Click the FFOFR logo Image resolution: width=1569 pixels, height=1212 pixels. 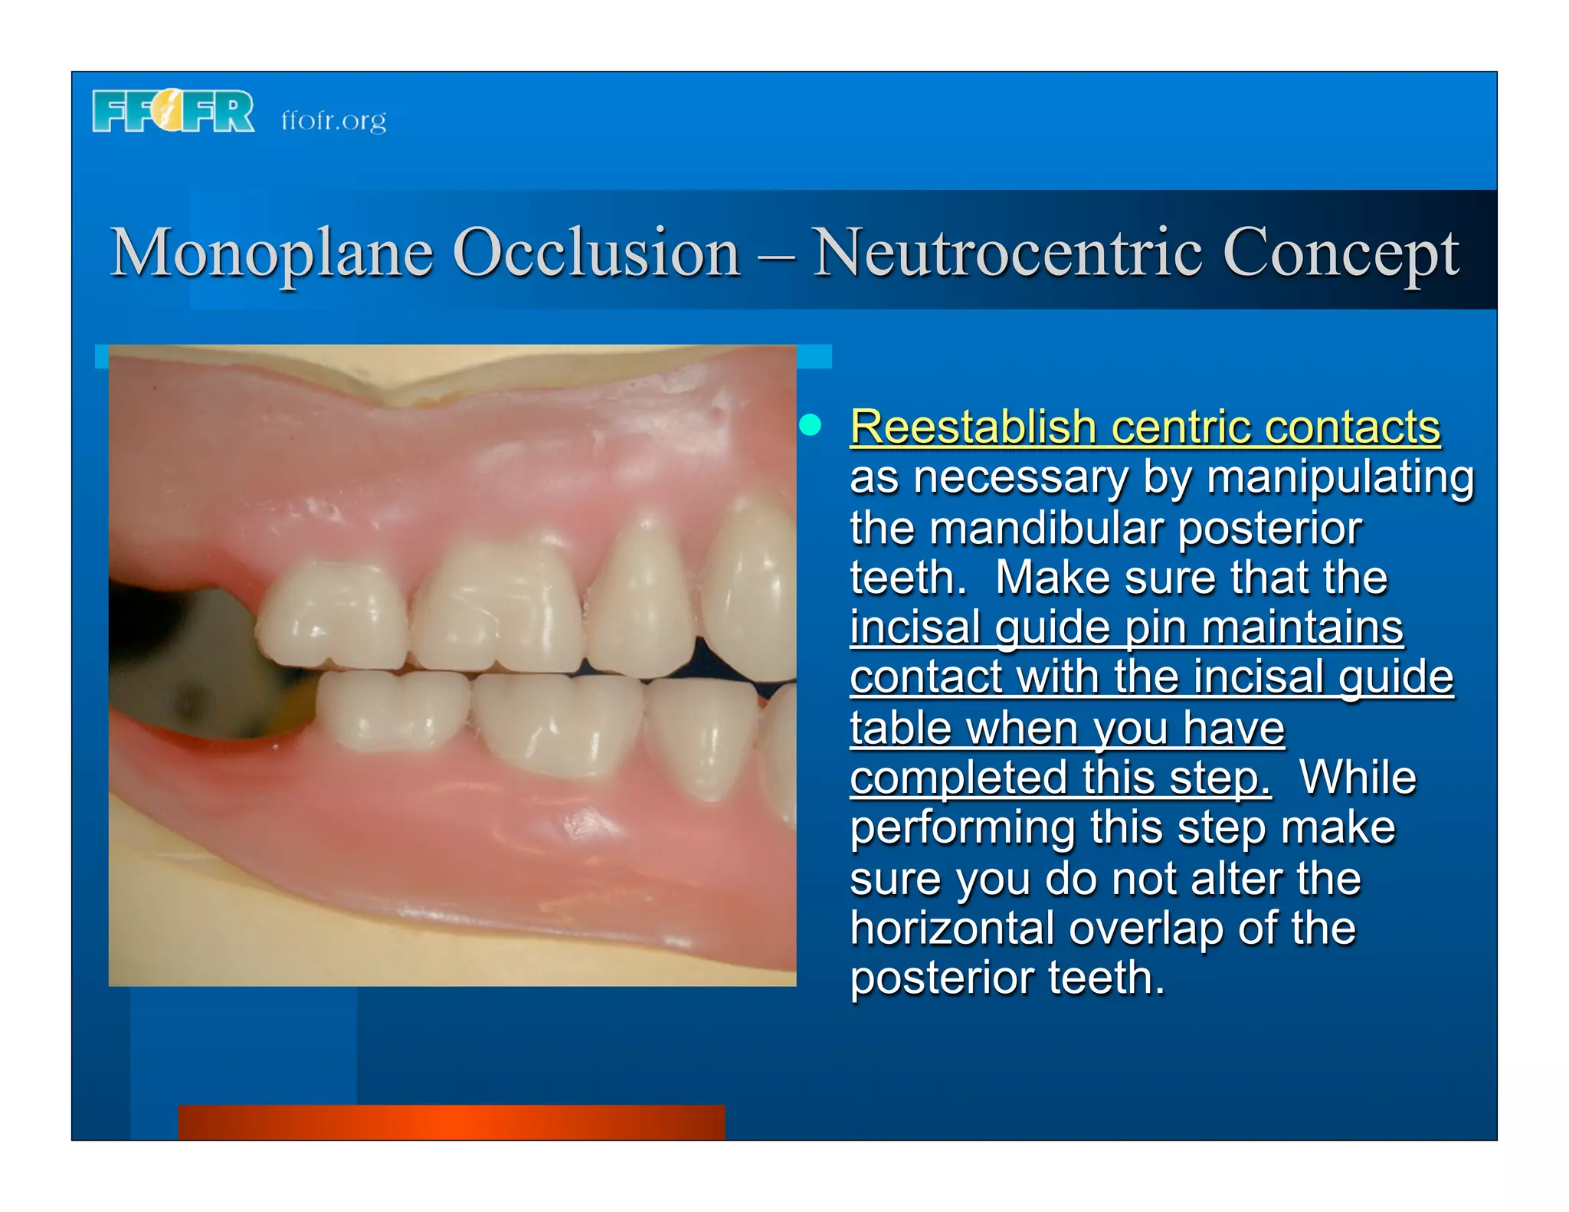[x=173, y=112]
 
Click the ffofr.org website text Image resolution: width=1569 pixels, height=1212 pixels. [x=333, y=120]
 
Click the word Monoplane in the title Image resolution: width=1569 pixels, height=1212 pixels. [x=272, y=253]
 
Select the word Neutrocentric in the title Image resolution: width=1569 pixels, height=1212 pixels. [x=1007, y=253]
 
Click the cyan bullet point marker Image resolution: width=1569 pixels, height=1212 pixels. [x=811, y=424]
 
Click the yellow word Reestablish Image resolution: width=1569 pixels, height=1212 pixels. [x=973, y=427]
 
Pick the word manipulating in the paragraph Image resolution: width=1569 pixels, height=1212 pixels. [x=1340, y=478]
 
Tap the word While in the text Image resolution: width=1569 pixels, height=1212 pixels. [x=1357, y=778]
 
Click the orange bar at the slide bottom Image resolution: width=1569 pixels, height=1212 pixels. [x=451, y=1122]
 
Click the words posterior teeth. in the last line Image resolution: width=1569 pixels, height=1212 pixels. [x=1007, y=978]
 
